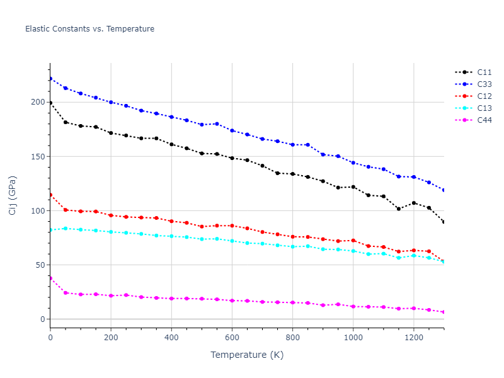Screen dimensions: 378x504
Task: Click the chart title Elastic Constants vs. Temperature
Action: [x=89, y=29]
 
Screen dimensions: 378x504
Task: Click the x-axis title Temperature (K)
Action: [x=247, y=355]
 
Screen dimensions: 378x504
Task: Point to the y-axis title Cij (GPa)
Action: [x=13, y=195]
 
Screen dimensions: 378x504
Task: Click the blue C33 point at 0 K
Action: [x=50, y=79]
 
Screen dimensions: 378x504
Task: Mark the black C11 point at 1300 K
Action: [x=444, y=222]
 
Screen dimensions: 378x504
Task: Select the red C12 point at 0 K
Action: [x=50, y=195]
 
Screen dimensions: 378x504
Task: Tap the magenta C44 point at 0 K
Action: [x=50, y=278]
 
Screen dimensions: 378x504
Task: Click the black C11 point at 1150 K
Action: [x=398, y=209]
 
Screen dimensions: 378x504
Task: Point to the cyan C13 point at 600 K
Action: [x=232, y=241]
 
